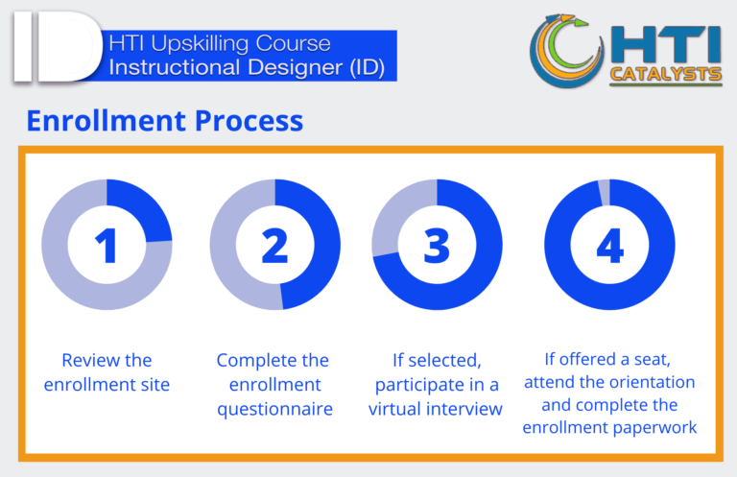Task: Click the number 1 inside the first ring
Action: point(107,246)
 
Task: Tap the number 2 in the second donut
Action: point(275,246)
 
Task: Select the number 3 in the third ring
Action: point(437,246)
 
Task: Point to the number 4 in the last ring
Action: point(610,246)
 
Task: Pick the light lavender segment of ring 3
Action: point(397,211)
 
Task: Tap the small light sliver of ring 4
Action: point(605,193)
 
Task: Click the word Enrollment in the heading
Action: point(107,121)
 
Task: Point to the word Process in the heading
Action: point(249,121)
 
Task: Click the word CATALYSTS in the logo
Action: point(666,74)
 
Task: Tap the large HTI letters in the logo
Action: point(666,45)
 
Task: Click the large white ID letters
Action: point(58,46)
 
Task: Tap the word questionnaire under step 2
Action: point(275,410)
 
